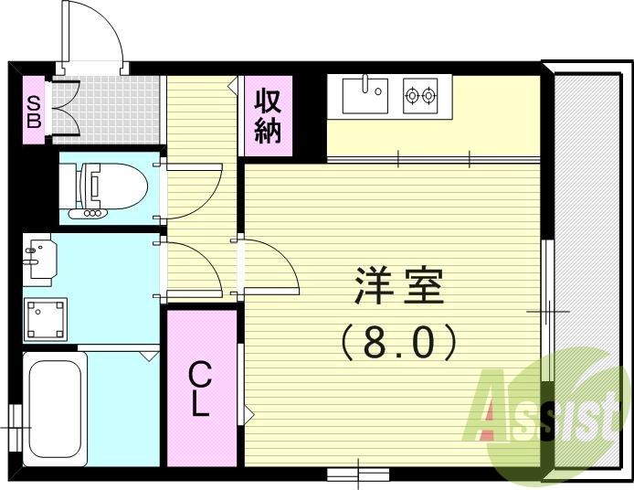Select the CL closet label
point(200,389)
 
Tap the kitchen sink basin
point(365,95)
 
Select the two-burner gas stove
point(420,95)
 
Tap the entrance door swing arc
point(100,37)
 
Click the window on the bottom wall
point(357,474)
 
